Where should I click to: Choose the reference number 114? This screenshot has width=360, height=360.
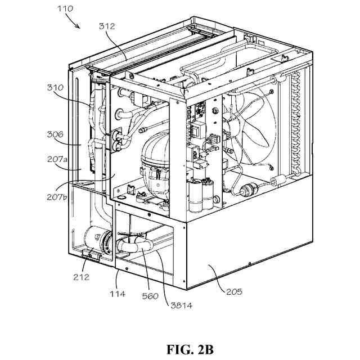tap(118, 294)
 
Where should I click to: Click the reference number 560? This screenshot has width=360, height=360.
tap(150, 296)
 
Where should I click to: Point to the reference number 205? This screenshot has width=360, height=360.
tap(235, 291)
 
